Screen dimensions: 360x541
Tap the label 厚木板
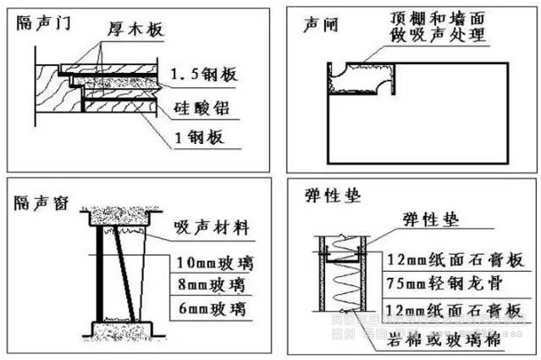(x=134, y=30)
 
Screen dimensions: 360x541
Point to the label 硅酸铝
(x=201, y=108)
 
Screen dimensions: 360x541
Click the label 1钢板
(x=194, y=139)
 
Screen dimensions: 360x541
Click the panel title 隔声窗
(x=41, y=202)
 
